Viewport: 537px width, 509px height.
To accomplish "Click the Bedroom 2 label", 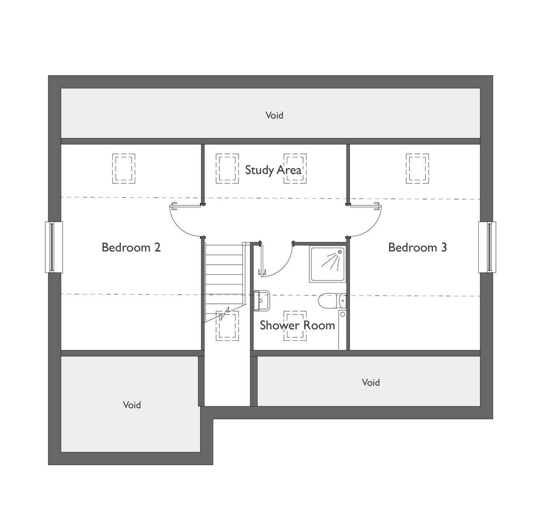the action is coord(131,248).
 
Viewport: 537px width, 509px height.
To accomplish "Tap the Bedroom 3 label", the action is coord(418,248).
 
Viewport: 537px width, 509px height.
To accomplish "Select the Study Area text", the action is coord(273,170).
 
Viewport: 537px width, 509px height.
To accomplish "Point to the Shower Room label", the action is coord(297,325).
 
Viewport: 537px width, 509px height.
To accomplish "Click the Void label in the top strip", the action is coord(274,115).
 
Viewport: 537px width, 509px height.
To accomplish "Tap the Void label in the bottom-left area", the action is coord(132,405).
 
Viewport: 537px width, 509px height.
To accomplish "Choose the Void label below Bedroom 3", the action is coord(371,382).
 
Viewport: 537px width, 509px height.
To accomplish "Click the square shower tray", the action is coord(328,264).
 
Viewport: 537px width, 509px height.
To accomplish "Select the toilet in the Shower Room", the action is coord(332,301).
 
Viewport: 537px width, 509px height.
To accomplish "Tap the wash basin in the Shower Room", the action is coord(262,301).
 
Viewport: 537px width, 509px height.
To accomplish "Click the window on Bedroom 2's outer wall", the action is coord(54,247).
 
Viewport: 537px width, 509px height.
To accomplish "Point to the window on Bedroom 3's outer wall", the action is coord(487,247).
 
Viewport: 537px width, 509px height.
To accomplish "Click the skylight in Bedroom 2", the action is coord(124,169).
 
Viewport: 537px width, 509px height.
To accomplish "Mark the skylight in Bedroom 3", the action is coord(417,169).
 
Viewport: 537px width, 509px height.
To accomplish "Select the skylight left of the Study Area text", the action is coord(227,169).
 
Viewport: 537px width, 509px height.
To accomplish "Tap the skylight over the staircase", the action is coord(227,326).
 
